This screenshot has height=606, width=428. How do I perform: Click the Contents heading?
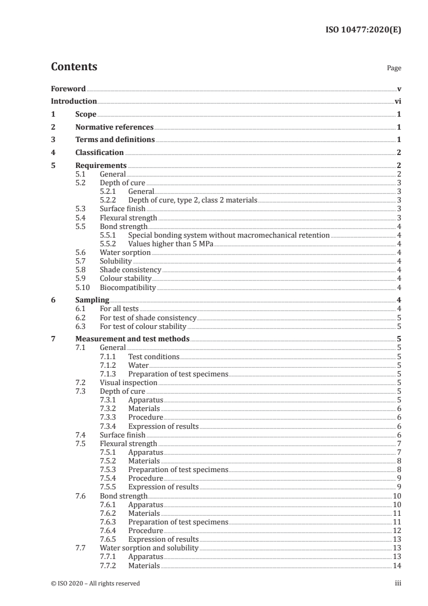pos(74,68)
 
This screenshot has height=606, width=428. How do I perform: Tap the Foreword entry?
pos(68,89)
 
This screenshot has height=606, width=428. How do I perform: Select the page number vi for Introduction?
pos(397,101)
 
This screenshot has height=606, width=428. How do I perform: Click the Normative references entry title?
pos(114,127)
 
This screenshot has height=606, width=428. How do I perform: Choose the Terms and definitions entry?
pos(115,140)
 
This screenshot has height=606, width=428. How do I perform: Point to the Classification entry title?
pos(99,153)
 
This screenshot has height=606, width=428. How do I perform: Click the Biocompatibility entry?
pos(127,287)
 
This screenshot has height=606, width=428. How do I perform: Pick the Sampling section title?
pos(92,300)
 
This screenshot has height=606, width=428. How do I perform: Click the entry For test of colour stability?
pos(142,326)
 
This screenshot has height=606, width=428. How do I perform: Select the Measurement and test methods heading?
pos(132,339)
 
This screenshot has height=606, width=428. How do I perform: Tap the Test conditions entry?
pos(153,356)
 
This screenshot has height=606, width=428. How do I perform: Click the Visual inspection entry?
pos(128,382)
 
